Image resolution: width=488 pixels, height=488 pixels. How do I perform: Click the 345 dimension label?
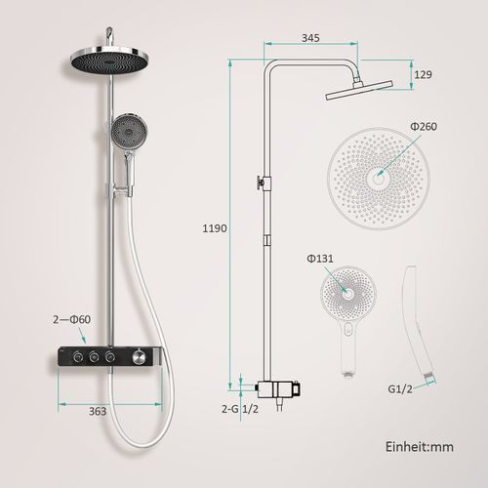pyautogui.click(x=310, y=38)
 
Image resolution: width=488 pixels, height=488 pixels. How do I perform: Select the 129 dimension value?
pyautogui.click(x=423, y=74)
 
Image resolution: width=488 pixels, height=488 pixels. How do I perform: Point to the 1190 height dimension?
pyautogui.click(x=215, y=228)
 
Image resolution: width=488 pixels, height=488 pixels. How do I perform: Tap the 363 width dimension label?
pyautogui.click(x=98, y=411)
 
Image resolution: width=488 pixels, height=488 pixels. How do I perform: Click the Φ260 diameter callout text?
pyautogui.click(x=424, y=126)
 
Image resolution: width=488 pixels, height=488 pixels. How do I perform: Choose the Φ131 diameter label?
pyautogui.click(x=320, y=259)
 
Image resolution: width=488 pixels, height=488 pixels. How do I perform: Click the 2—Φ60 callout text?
pyautogui.click(x=71, y=319)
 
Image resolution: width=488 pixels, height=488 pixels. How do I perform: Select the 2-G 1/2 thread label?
pyautogui.click(x=240, y=409)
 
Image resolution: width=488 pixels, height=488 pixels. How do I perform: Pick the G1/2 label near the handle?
pyautogui.click(x=400, y=389)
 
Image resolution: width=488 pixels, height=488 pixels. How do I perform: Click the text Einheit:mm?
pyautogui.click(x=420, y=447)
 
